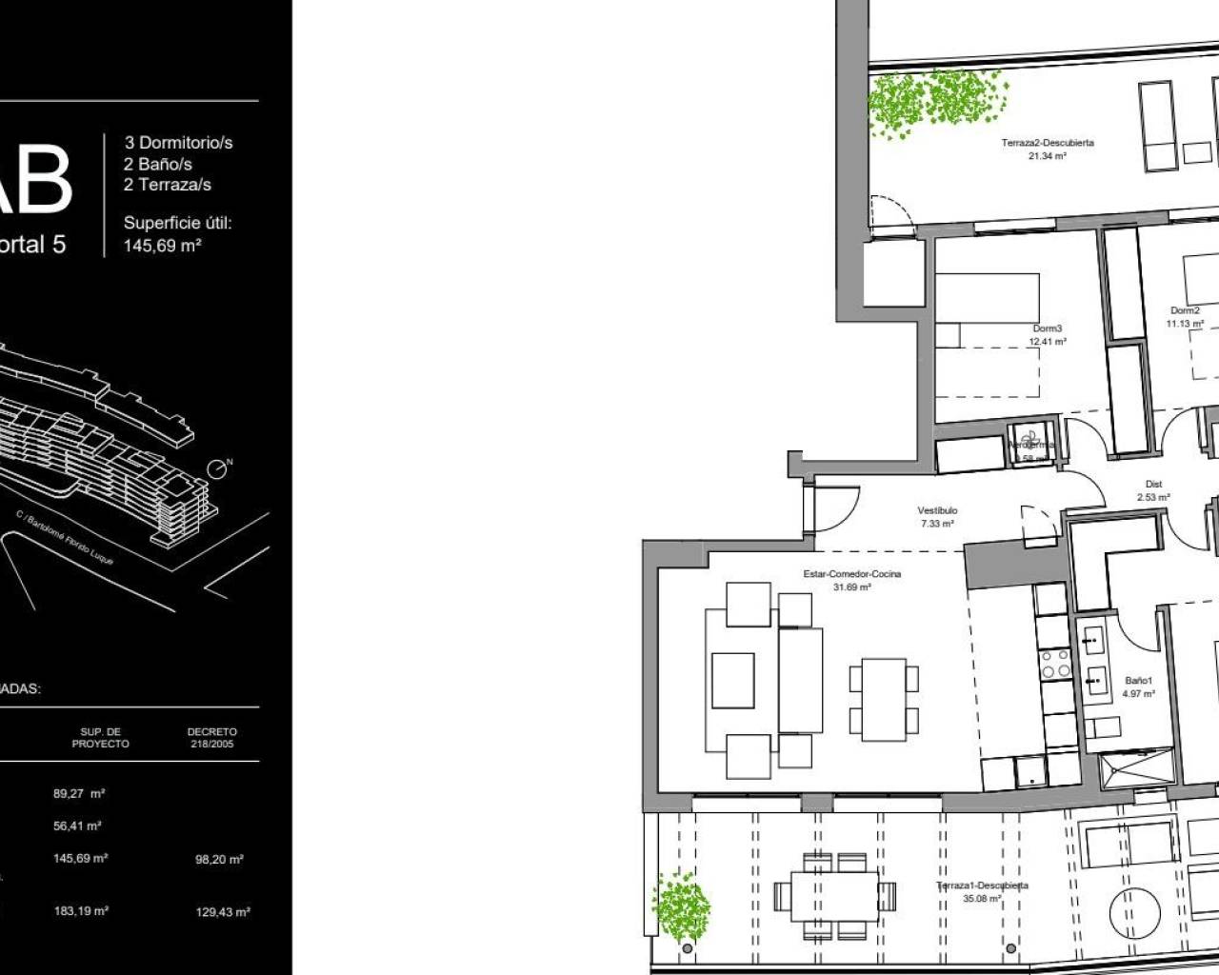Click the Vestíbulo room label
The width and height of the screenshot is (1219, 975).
pyautogui.click(x=938, y=510)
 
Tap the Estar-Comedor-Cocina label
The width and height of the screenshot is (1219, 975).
pyautogui.click(x=852, y=574)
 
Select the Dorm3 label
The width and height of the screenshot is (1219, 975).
pyautogui.click(x=1047, y=328)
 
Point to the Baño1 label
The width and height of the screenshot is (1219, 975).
pyautogui.click(x=1138, y=681)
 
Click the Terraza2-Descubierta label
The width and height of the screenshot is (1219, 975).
pyautogui.click(x=1048, y=143)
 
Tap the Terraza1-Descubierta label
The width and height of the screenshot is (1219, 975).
pyautogui.click(x=982, y=885)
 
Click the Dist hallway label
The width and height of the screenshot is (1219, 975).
pyautogui.click(x=1153, y=485)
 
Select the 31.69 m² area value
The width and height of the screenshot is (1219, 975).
pyautogui.click(x=852, y=587)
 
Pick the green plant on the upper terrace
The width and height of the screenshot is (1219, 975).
pyautogui.click(x=936, y=102)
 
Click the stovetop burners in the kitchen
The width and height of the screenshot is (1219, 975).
pyautogui.click(x=1054, y=663)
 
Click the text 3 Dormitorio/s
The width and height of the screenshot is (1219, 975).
pyautogui.click(x=178, y=143)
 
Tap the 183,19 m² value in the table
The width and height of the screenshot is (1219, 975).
pyautogui.click(x=81, y=911)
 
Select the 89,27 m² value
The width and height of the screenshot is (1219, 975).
pyautogui.click(x=79, y=793)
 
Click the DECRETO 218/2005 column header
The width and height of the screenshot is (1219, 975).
pyautogui.click(x=212, y=738)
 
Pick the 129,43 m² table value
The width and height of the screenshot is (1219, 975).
pyautogui.click(x=223, y=912)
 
